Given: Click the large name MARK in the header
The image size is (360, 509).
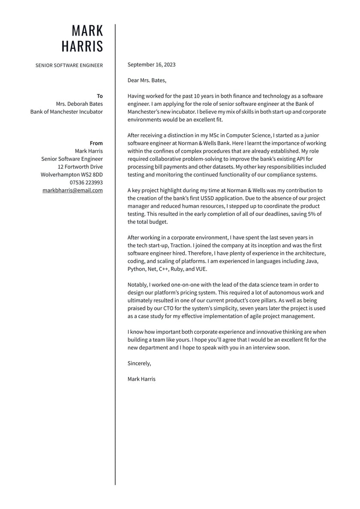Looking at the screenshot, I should pyautogui.click(x=87, y=31).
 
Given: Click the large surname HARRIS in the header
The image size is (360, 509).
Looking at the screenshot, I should pyautogui.click(x=82, y=46).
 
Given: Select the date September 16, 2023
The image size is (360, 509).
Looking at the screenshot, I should pyautogui.click(x=151, y=65).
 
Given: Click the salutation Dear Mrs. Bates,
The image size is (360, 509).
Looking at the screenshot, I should pyautogui.click(x=147, y=80).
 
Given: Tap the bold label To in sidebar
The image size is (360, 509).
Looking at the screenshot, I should pyautogui.click(x=100, y=96).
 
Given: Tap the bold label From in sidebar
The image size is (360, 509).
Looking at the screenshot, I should pyautogui.click(x=96, y=143).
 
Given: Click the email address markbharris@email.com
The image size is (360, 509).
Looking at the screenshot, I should pyautogui.click(x=72, y=190).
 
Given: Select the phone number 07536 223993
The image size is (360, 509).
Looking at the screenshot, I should pyautogui.click(x=86, y=183).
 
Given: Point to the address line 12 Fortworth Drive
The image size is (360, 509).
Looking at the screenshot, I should pyautogui.click(x=80, y=167).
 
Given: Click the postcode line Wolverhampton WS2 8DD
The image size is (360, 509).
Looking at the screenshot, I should pyautogui.click(x=72, y=175).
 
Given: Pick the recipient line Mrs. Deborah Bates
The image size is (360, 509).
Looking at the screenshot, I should pyautogui.click(x=79, y=104).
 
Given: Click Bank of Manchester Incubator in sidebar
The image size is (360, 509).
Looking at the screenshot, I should pyautogui.click(x=66, y=112).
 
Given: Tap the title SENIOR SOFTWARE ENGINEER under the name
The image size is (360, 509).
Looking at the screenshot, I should pyautogui.click(x=69, y=65).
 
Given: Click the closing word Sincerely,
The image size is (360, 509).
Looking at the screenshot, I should pyautogui.click(x=139, y=364).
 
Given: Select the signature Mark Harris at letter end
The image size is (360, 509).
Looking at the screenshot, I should pyautogui.click(x=141, y=379).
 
